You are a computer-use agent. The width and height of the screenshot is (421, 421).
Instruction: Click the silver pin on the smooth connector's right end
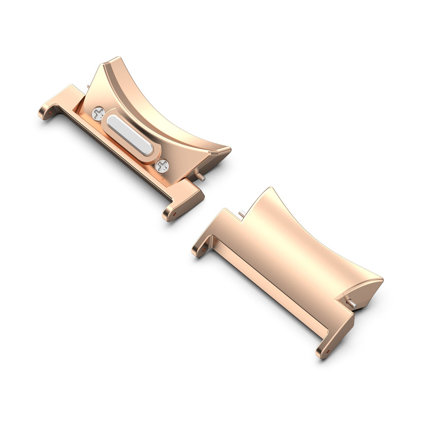point(351,304)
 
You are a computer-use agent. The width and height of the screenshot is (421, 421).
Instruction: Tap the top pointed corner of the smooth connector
point(271,188)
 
